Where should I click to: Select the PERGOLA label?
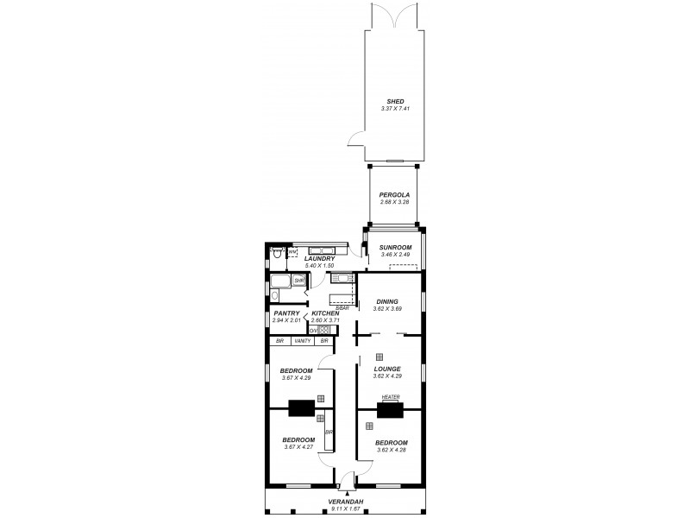395,195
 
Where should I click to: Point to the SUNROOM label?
395,249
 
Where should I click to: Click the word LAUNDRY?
319,258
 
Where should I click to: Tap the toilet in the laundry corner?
276,254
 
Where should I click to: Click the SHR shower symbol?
298,281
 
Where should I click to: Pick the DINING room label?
386,301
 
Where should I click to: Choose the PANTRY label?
286,313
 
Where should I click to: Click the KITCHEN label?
325,313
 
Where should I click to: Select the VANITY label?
302,342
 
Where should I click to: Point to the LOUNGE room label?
387,369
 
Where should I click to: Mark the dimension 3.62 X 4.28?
390,450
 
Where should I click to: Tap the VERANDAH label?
344,502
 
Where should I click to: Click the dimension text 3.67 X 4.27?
298,446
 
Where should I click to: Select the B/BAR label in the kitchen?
342,306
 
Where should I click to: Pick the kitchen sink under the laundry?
342,278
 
